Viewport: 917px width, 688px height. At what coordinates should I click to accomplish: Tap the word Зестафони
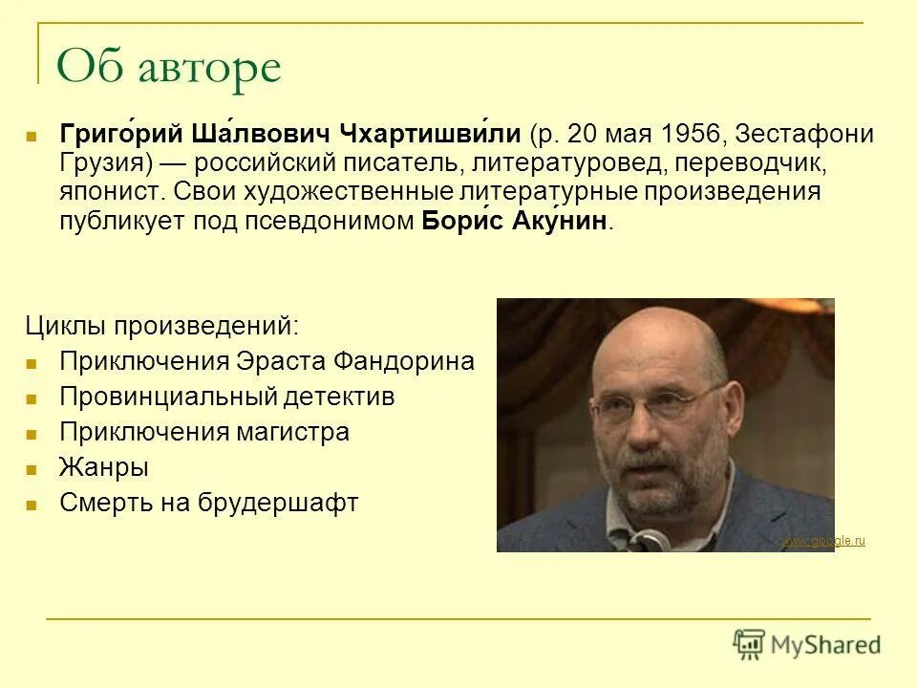[x=804, y=135]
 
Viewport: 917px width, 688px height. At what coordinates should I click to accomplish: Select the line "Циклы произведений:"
[x=161, y=325]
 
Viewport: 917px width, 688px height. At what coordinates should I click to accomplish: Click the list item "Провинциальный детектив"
[x=226, y=397]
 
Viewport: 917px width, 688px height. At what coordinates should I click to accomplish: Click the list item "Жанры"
[x=103, y=467]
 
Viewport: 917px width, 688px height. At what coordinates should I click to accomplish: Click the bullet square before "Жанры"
[x=32, y=469]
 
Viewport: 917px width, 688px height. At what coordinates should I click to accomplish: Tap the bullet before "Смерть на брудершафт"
[x=32, y=505]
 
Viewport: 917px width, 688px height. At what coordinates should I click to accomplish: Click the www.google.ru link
[x=822, y=542]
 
